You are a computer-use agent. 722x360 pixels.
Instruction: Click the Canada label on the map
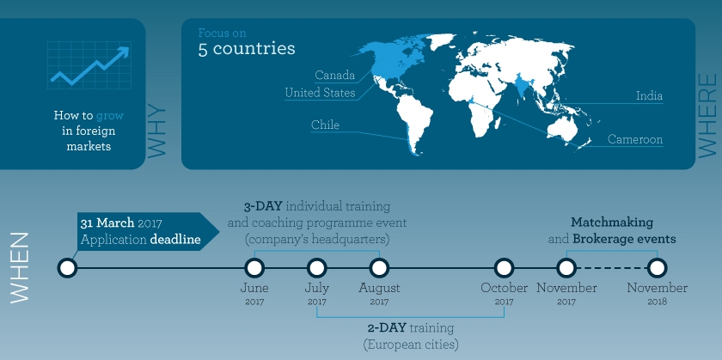point(334,76)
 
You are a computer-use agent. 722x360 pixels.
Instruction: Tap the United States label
point(320,93)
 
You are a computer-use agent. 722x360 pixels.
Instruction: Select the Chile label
point(325,125)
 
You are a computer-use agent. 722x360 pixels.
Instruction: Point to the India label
point(649,96)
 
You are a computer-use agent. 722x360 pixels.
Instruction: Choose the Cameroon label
point(635,139)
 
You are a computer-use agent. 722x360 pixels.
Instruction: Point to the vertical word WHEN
point(20,266)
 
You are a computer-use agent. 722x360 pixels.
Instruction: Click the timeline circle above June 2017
point(254,267)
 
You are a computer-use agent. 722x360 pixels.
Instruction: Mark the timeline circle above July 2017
point(316,267)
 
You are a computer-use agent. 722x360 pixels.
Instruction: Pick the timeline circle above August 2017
point(379,267)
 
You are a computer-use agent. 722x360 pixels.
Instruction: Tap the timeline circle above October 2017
point(505,267)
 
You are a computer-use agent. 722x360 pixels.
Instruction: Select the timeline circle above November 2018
point(657,267)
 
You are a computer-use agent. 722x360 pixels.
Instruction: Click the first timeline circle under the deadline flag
point(67,267)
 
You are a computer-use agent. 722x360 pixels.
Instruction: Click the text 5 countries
point(247,48)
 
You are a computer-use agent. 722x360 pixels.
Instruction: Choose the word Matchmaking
point(612,222)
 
